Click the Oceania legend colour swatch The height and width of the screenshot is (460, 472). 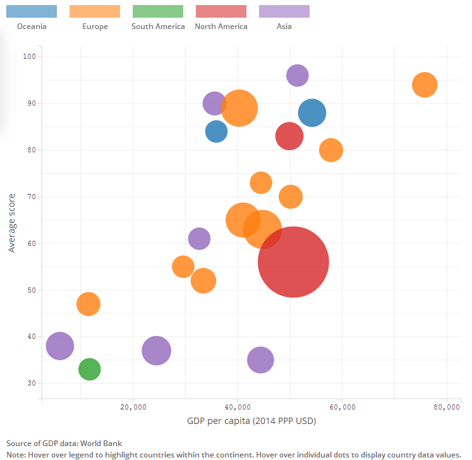click(x=32, y=11)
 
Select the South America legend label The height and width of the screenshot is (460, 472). click(x=158, y=27)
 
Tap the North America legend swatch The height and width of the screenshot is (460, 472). click(x=221, y=11)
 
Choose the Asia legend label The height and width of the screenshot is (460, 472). click(x=284, y=27)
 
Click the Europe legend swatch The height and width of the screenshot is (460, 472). click(x=95, y=11)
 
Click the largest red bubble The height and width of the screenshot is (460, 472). click(x=293, y=262)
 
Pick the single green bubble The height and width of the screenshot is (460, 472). click(x=90, y=369)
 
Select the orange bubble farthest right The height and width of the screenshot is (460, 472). click(x=425, y=85)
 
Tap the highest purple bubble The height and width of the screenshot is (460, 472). click(x=297, y=76)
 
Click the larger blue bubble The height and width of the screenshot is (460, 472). click(x=312, y=113)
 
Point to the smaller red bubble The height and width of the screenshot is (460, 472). click(x=289, y=135)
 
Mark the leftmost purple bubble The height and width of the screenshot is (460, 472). click(x=60, y=346)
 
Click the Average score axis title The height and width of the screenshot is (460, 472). click(x=12, y=223)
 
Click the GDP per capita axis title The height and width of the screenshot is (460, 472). click(x=251, y=421)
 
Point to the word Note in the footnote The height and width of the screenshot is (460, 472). click(x=16, y=454)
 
